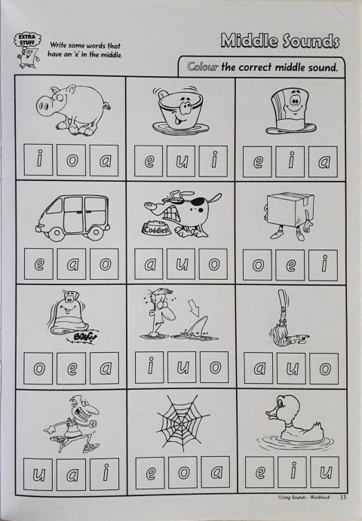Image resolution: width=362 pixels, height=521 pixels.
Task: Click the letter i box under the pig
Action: pos(38,160)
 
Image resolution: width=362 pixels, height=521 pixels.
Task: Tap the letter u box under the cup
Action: pos(180,161)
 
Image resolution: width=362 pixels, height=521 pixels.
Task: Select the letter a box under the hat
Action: pos(323,161)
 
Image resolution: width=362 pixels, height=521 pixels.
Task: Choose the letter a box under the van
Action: pos(72,264)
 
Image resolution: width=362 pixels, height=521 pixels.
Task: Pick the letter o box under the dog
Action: pos(213,264)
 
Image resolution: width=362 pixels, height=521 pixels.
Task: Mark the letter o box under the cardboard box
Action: pos(257,265)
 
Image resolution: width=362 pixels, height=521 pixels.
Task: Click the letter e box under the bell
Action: pos(71,368)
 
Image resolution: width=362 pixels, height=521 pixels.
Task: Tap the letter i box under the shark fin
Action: pos(149,367)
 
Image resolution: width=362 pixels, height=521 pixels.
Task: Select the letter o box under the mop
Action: pos(324,369)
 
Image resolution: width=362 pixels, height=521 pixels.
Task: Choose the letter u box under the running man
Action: pos(38,474)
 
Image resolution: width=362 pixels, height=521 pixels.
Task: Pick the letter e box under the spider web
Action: pos(150,473)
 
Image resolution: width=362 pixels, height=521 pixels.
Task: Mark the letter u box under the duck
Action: pos(325,472)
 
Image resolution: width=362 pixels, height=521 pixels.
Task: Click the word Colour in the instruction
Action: pos(203,67)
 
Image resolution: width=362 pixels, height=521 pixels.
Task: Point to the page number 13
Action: pos(343,497)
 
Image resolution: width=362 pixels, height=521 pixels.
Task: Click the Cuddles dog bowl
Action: pos(156,229)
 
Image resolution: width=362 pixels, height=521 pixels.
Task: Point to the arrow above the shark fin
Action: pos(193,308)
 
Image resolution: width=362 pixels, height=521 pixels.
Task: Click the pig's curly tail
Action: pos(107,106)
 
